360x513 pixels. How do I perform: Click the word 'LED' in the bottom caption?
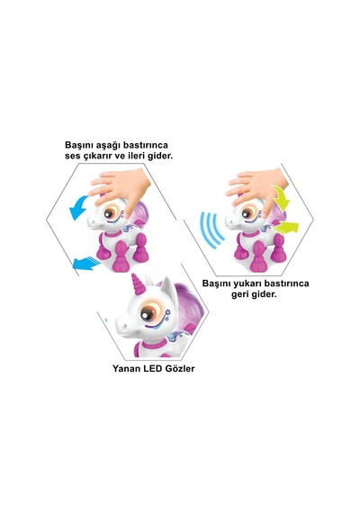[154, 368]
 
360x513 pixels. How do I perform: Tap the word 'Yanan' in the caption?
[127, 368]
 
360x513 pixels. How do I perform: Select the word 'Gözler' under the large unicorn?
[180, 368]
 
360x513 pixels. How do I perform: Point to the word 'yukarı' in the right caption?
[245, 283]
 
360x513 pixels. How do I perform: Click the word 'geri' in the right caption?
[240, 294]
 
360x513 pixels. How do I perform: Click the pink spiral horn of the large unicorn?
[138, 284]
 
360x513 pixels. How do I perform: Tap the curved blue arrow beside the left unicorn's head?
[78, 208]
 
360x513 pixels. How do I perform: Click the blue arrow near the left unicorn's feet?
[85, 263]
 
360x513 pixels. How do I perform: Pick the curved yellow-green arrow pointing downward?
[281, 198]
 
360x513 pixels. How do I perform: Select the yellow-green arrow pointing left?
[285, 227]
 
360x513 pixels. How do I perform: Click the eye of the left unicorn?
[110, 213]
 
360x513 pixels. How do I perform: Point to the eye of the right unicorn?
[247, 213]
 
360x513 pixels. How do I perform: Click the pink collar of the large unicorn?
[154, 344]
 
